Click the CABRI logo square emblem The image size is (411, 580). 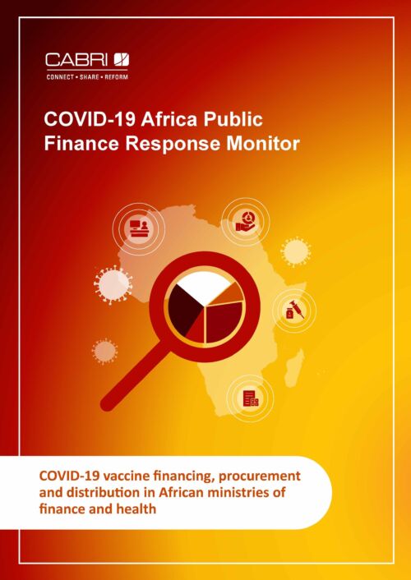point(122,60)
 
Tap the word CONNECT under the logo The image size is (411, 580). point(60,77)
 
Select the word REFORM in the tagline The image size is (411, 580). point(116,77)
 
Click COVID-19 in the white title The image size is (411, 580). point(90,119)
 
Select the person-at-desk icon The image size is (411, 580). point(139,229)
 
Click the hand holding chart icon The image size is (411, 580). point(246,222)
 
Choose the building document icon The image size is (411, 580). point(251,398)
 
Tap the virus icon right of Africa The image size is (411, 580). point(295,252)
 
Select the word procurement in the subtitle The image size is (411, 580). point(260,476)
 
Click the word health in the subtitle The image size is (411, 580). point(136,509)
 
